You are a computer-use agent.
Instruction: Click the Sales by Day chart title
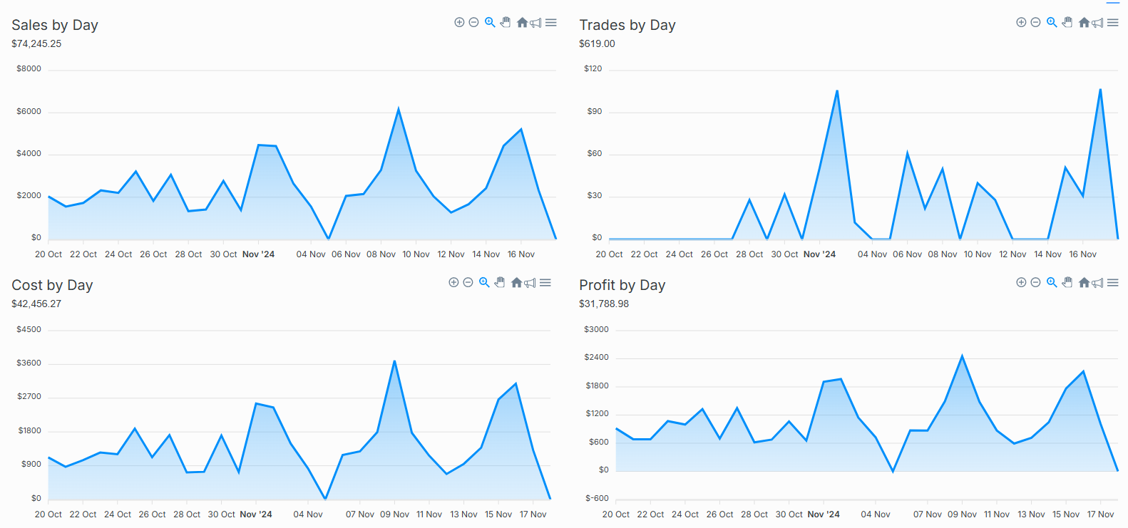[x=55, y=25]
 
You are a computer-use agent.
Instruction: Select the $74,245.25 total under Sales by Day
[x=36, y=43]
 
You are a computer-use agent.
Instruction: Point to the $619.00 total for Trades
[x=597, y=43]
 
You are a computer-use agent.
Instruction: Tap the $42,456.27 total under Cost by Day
[x=36, y=304]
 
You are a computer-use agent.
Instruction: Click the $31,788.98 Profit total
[x=604, y=304]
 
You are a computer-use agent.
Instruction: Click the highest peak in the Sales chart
[x=398, y=109]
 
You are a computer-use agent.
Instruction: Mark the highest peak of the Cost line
[x=394, y=361]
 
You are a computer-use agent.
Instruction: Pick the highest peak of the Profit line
[x=962, y=356]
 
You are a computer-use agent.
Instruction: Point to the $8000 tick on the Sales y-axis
[x=29, y=69]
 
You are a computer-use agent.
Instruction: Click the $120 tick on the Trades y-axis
[x=593, y=69]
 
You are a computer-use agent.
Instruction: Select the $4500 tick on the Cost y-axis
[x=29, y=329]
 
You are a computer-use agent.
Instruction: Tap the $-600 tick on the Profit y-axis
[x=597, y=498]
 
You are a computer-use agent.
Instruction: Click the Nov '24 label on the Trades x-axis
[x=819, y=254]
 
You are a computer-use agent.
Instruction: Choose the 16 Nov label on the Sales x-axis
[x=521, y=254]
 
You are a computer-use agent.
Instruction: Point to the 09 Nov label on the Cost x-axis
[x=394, y=514]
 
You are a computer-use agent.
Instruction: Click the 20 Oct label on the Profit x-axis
[x=615, y=514]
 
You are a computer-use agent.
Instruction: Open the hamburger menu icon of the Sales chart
[x=551, y=23]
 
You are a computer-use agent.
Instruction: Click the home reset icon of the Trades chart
[x=1084, y=23]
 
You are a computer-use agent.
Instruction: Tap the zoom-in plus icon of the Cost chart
[x=453, y=283]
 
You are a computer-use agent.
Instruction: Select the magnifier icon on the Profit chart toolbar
[x=1052, y=283]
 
